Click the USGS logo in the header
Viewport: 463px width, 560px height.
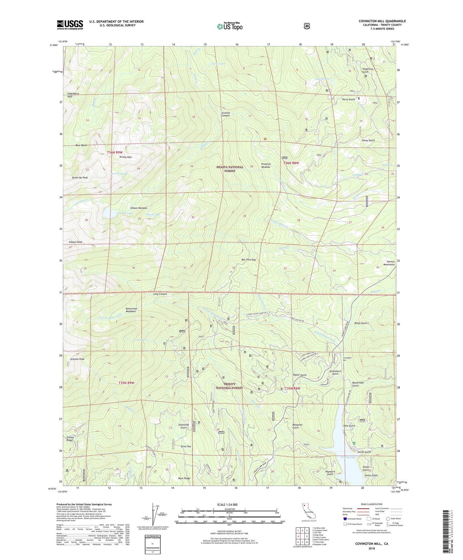[70, 25]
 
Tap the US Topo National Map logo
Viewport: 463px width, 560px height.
[230, 26]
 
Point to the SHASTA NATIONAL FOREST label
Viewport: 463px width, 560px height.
[230, 169]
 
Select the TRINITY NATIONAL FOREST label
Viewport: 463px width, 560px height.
[229, 386]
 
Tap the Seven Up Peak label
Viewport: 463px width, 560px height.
[80, 178]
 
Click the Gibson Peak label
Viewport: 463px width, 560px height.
[75, 242]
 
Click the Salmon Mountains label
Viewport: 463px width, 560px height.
[389, 263]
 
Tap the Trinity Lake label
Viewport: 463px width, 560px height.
[348, 457]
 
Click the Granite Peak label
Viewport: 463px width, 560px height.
[77, 359]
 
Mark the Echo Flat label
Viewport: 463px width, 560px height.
[186, 446]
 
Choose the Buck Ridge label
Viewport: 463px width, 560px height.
[184, 478]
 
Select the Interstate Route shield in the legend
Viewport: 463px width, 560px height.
[345, 519]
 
